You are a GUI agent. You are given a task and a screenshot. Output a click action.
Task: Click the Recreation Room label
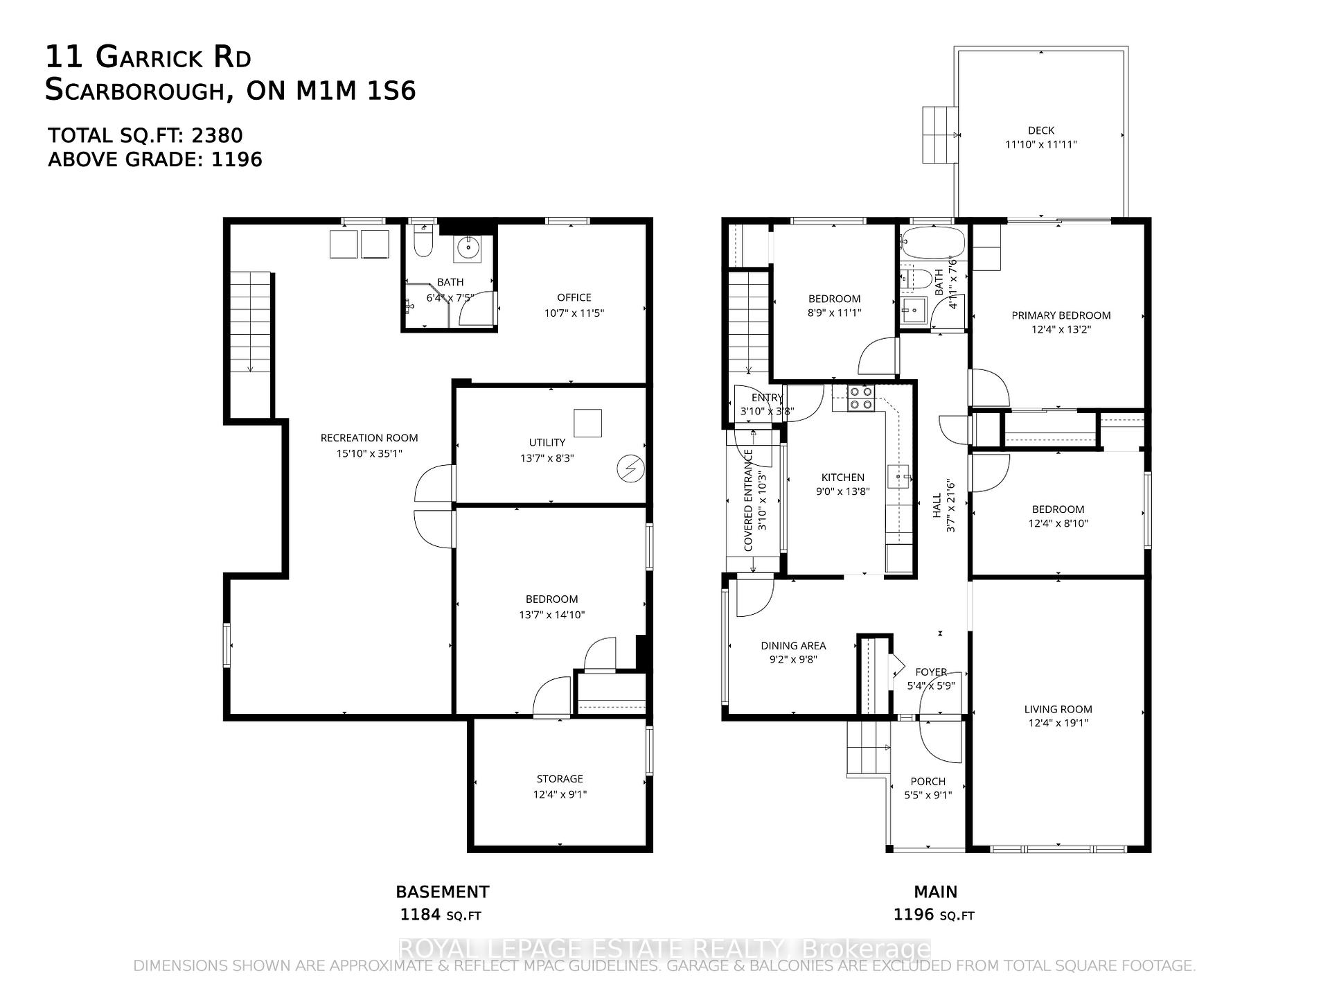click(x=369, y=438)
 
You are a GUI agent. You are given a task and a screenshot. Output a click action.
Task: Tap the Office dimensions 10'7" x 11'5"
click(x=574, y=313)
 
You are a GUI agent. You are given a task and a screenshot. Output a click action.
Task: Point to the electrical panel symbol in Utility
click(x=630, y=469)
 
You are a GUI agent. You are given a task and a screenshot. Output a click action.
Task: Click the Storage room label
click(x=560, y=779)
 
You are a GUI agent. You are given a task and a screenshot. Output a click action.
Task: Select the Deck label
click(x=1040, y=130)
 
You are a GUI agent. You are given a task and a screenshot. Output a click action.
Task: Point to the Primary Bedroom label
click(x=1061, y=315)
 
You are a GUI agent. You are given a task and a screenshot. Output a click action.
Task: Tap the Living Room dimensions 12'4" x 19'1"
click(x=1058, y=723)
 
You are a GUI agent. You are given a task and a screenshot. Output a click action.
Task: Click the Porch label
click(x=928, y=781)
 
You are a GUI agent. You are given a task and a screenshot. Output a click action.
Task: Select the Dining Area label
click(x=793, y=645)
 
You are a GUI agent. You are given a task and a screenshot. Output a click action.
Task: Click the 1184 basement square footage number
click(x=420, y=915)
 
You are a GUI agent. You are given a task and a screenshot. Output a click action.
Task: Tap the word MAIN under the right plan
click(x=935, y=892)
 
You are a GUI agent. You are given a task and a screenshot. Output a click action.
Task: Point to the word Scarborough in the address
click(x=134, y=91)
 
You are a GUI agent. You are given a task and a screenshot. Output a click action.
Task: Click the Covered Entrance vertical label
click(x=748, y=500)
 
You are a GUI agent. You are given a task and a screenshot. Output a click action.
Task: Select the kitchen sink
click(x=898, y=478)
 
